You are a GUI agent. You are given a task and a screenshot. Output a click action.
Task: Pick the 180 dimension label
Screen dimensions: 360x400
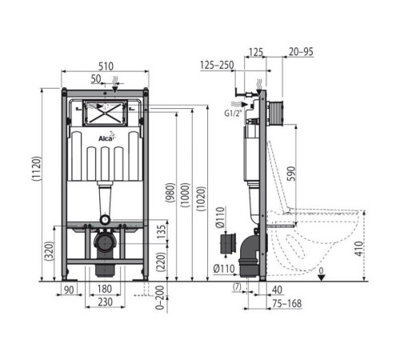[x=104, y=290]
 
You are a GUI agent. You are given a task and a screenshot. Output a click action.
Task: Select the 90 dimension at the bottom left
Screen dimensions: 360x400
[x=69, y=290]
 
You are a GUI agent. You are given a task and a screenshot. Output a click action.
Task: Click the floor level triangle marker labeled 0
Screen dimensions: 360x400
[x=322, y=277]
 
